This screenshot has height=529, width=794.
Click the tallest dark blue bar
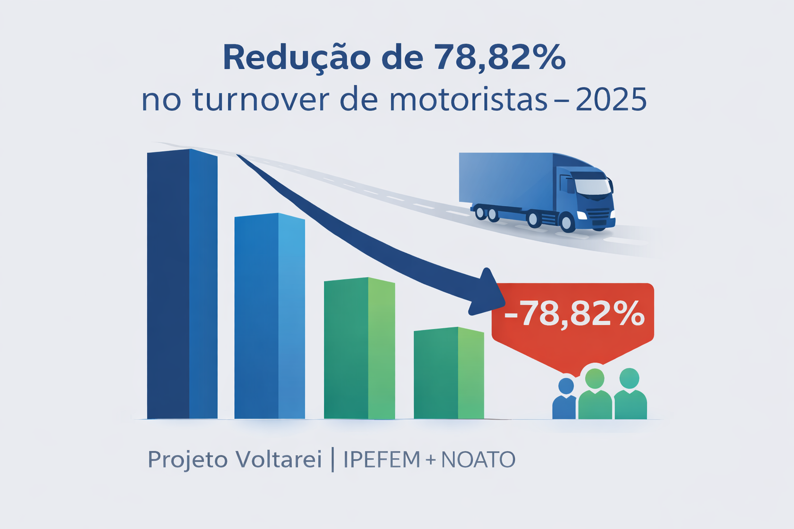[x=182, y=284]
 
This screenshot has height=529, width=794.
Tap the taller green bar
[x=359, y=348]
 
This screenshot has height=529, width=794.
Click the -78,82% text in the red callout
[x=574, y=314]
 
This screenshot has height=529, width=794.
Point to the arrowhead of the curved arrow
[x=486, y=292]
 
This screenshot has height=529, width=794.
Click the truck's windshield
[x=592, y=186]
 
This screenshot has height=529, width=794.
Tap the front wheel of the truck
[x=567, y=222]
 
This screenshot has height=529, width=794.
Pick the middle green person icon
[x=594, y=395]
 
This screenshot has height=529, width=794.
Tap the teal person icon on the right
[x=630, y=395]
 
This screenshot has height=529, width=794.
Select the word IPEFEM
[x=381, y=459]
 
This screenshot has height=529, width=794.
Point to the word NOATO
[x=478, y=459]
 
